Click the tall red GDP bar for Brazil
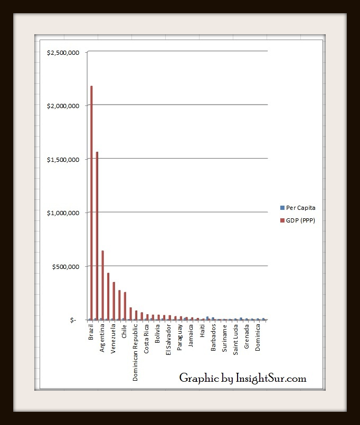[91, 202]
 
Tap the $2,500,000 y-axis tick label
[63, 52]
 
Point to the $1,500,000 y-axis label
[63, 159]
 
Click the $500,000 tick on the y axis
[65, 266]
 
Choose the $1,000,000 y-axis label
[63, 213]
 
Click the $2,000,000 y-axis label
[63, 105]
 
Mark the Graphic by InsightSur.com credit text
[243, 378]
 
